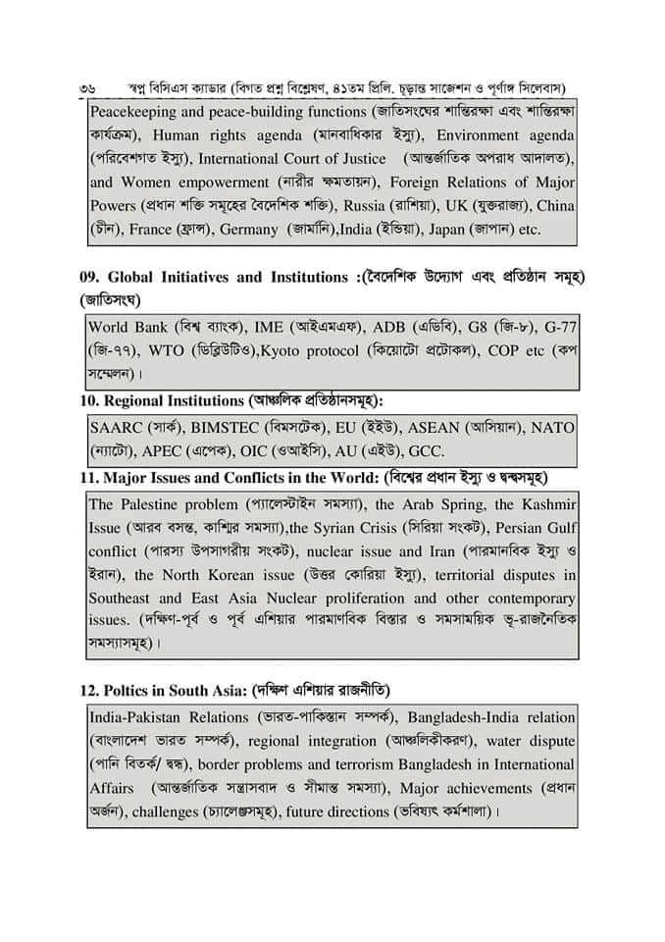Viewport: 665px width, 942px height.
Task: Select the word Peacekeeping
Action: click(133, 113)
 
